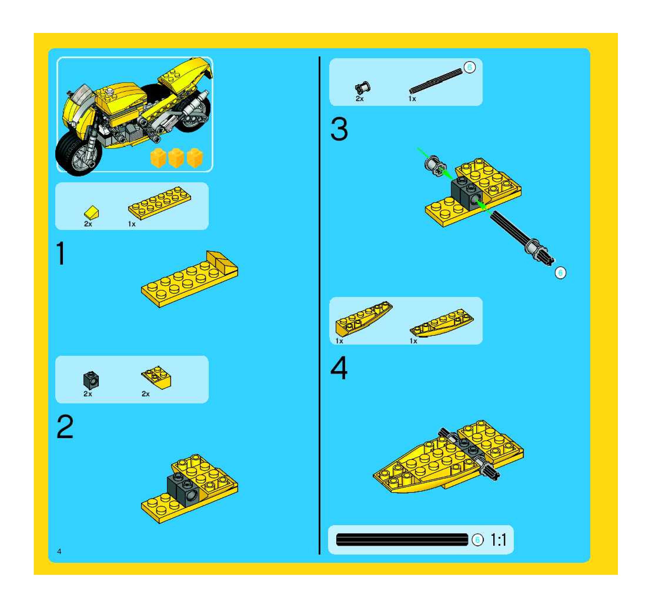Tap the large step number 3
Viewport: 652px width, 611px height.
tap(339, 129)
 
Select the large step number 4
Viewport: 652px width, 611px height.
tap(339, 368)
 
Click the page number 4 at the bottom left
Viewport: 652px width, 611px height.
tap(59, 551)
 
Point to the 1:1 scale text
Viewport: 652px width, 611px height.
tap(499, 540)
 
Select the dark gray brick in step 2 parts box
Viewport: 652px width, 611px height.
tap(91, 380)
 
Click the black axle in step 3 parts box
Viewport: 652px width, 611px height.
tap(436, 81)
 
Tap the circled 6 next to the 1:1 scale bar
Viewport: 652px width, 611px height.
tap(477, 540)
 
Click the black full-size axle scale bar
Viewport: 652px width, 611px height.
tap(402, 540)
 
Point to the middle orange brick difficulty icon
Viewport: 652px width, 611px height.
tap(176, 158)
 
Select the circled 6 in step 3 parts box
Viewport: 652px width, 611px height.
tap(469, 68)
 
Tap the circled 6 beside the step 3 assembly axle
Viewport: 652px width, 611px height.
tap(560, 273)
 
